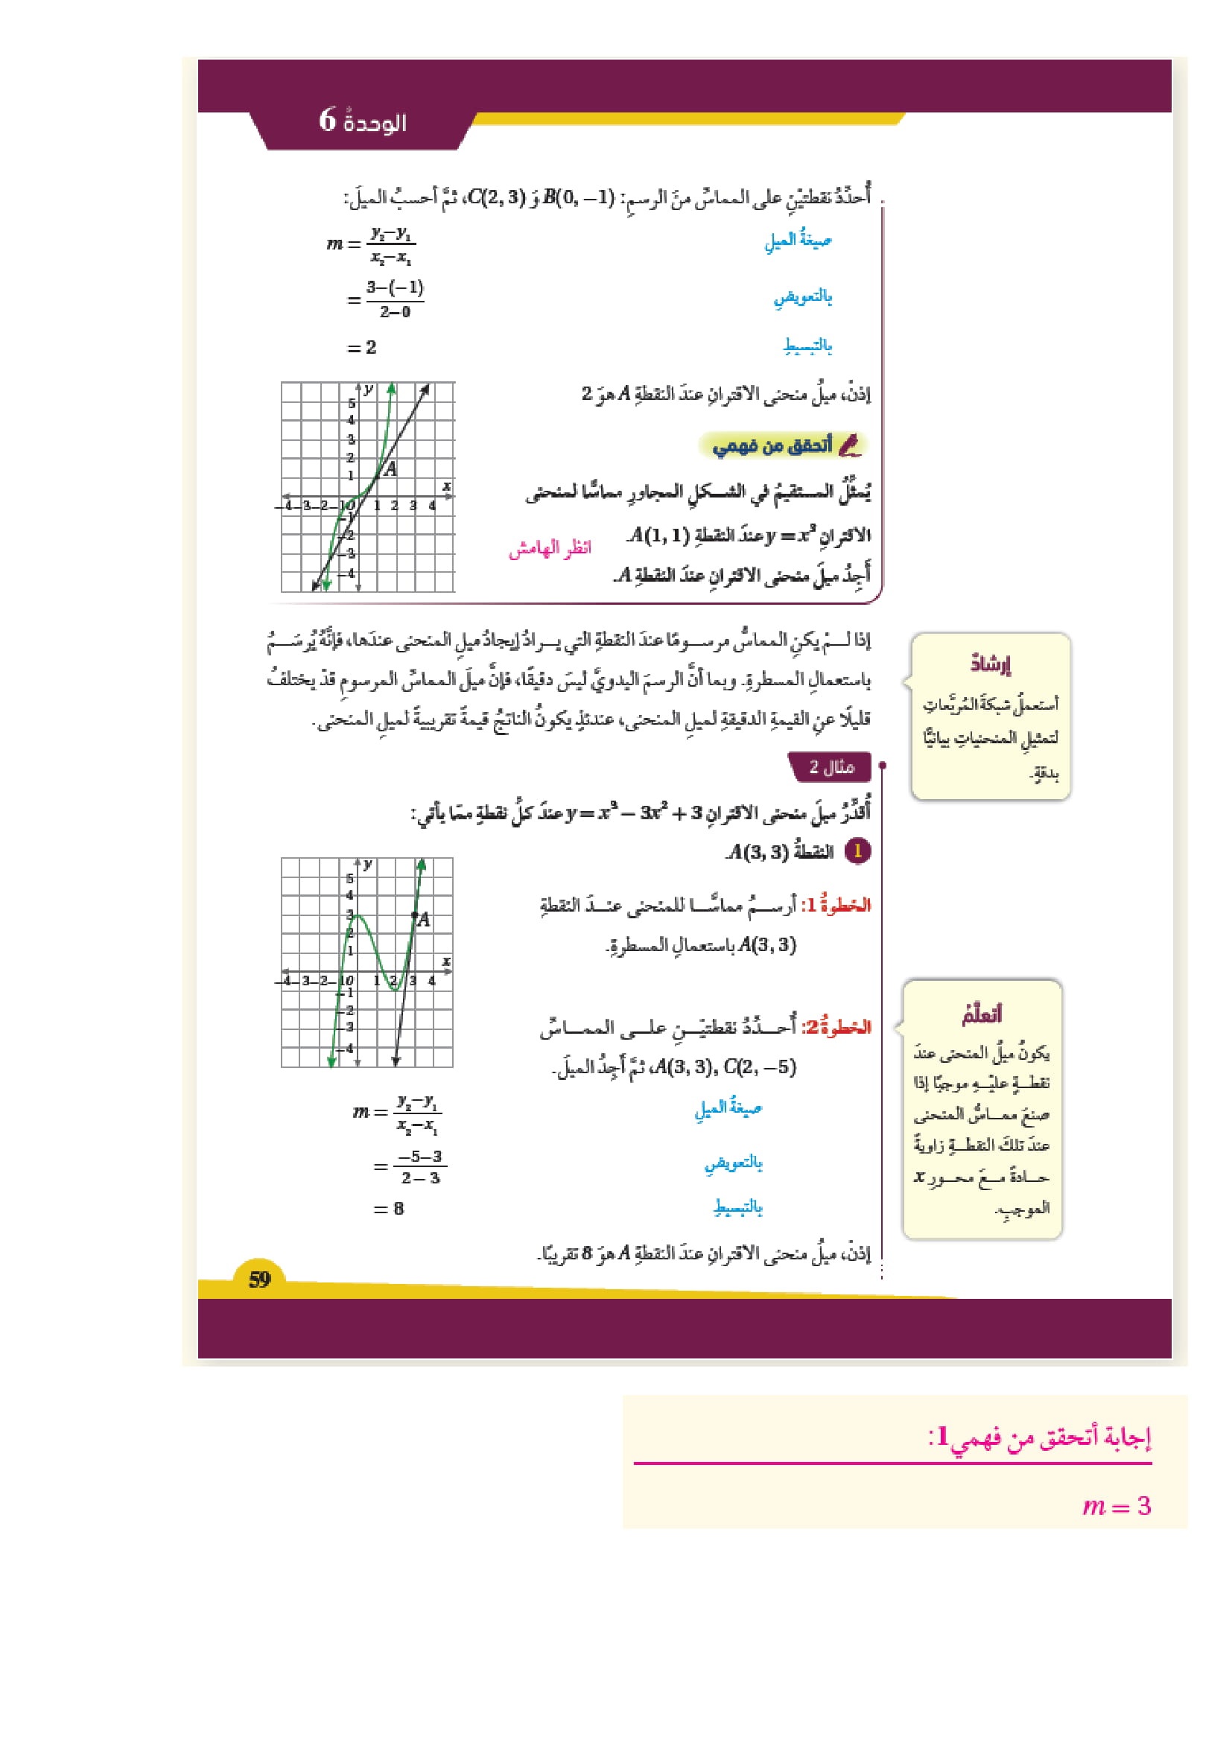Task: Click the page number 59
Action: tap(259, 1280)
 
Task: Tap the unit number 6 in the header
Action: tap(327, 119)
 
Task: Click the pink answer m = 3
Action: tap(1117, 1505)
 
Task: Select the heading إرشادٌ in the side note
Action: tap(990, 664)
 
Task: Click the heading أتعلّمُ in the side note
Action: tap(982, 1014)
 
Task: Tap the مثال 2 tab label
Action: tap(831, 767)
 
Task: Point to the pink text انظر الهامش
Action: tap(549, 548)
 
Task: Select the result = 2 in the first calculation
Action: tap(362, 348)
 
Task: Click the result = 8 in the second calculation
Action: tap(389, 1209)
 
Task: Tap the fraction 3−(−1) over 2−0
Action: tap(396, 299)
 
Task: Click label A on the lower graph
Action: tap(423, 920)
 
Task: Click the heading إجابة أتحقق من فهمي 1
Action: tap(1039, 1436)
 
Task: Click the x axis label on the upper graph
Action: tap(447, 486)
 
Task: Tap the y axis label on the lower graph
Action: tap(368, 864)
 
